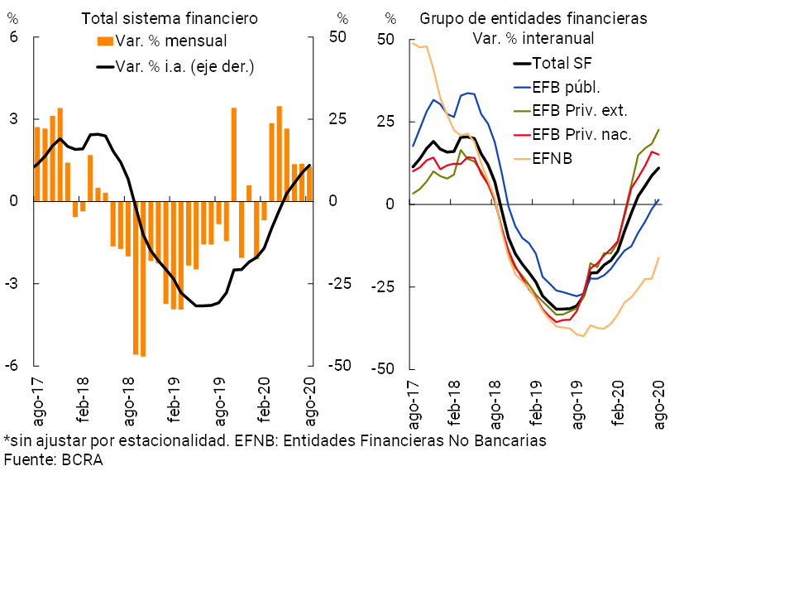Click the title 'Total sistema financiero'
169,17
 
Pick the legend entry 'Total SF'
562,62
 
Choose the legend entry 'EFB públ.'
567,86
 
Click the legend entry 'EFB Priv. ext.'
580,110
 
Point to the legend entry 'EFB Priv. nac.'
582,134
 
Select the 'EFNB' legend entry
554,158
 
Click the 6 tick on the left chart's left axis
13,37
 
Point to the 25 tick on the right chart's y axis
386,123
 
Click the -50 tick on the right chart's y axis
383,369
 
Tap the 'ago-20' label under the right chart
660,402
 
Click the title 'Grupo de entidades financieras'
533,17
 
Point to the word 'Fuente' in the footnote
28,461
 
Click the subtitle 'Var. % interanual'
533,38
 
